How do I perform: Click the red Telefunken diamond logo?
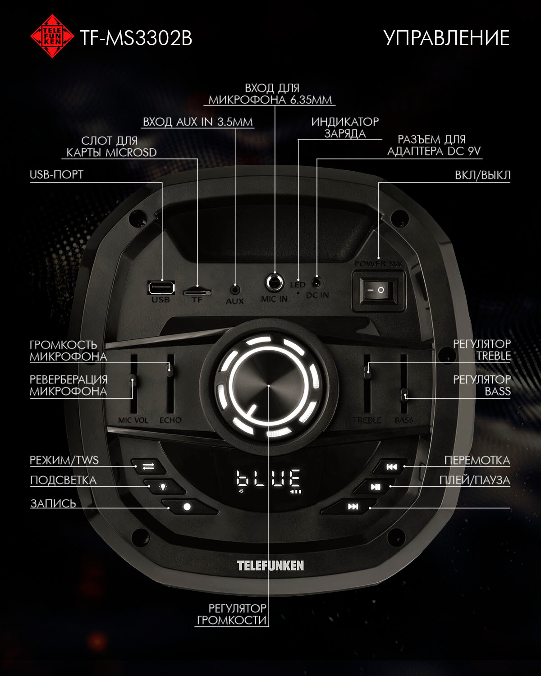[x=52, y=36]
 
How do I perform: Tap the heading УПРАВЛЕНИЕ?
[x=446, y=38]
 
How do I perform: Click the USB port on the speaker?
[x=161, y=288]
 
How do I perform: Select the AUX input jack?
[x=235, y=290]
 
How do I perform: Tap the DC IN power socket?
[x=317, y=283]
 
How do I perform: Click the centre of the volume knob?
[x=268, y=386]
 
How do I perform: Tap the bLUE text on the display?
[x=269, y=479]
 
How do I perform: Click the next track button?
[x=353, y=507]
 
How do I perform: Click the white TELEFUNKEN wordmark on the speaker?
[x=270, y=566]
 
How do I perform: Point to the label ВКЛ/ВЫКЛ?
[x=482, y=175]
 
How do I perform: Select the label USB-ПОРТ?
[x=57, y=175]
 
